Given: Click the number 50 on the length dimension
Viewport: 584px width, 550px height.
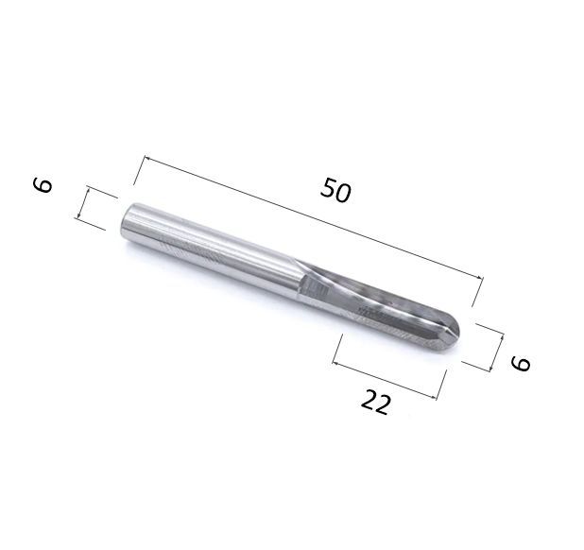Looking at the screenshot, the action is (335, 190).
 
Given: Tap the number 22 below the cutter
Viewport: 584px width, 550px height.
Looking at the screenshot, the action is (376, 402).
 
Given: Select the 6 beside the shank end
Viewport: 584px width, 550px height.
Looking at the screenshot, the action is (43, 185).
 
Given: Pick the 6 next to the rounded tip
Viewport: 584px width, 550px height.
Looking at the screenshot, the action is (521, 364).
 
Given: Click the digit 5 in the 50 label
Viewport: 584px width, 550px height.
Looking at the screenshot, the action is (329, 187).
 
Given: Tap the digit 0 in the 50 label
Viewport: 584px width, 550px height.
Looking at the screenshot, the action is (343, 194).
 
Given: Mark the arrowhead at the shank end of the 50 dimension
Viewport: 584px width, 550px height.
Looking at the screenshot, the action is (146, 159).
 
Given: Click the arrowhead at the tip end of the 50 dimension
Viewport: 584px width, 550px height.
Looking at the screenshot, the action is (480, 276).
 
